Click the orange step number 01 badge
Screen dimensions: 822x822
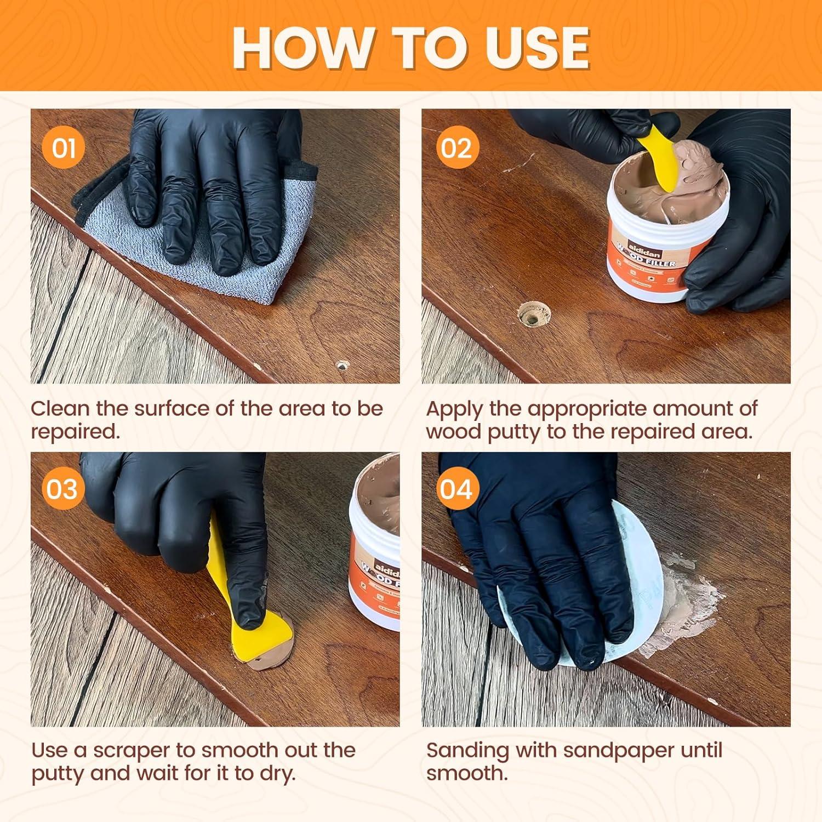[x=64, y=148]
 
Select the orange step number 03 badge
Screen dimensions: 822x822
[x=62, y=489]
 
